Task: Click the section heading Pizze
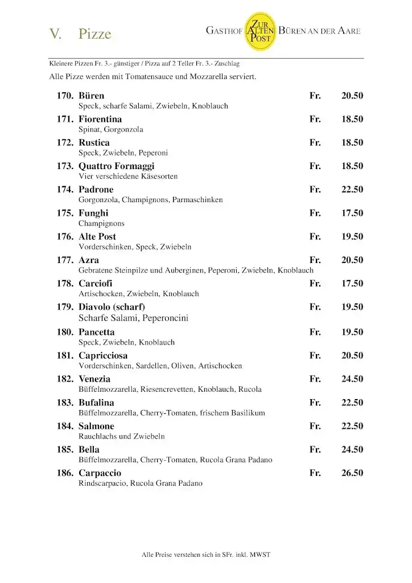(95, 34)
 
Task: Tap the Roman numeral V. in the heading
(55, 34)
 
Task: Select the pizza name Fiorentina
(100, 120)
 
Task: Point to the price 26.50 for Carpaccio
(352, 473)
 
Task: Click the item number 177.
(64, 260)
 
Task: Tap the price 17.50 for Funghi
(352, 213)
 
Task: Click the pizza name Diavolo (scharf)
(112, 307)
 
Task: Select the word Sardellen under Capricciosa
(151, 366)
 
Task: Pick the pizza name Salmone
(96, 426)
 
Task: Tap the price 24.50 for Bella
(352, 450)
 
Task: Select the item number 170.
(64, 96)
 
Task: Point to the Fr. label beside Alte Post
(315, 237)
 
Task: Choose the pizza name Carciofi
(96, 284)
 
